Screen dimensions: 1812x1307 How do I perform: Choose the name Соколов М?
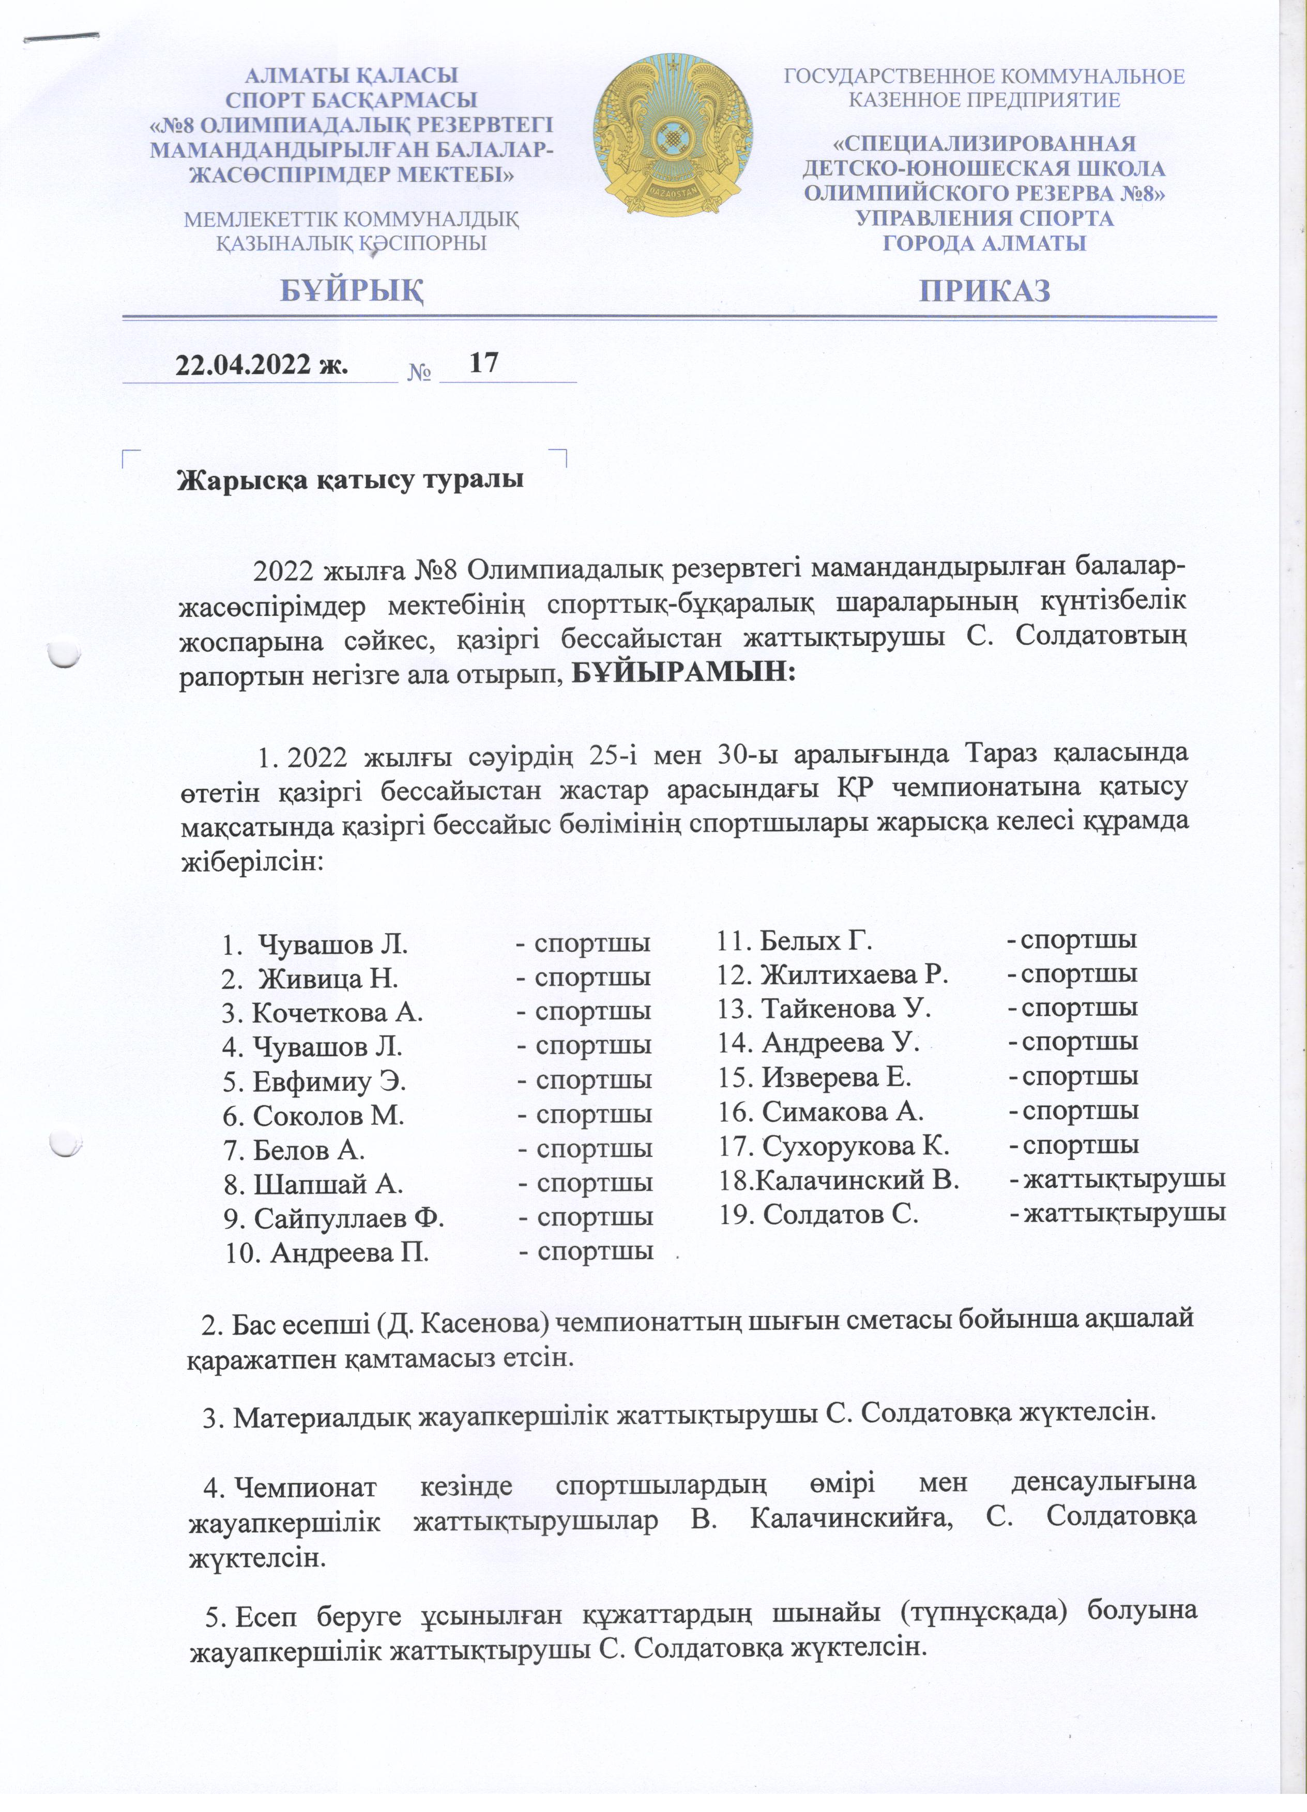tap(328, 1116)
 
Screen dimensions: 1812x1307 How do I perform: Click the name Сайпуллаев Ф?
tap(348, 1218)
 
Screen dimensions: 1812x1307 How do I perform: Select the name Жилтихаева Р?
tap(854, 974)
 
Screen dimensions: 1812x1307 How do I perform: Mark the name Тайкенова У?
tap(846, 1008)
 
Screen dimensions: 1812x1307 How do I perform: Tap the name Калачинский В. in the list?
tap(857, 1179)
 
